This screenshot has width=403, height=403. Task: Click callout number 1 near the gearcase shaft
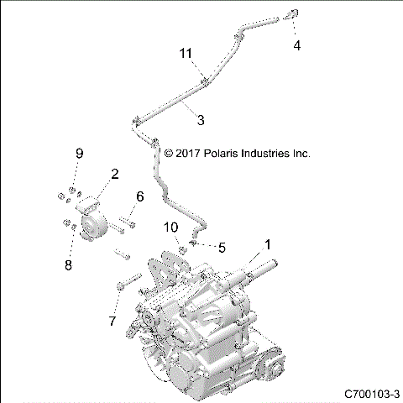click(268, 245)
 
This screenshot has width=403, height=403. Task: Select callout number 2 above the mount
click(114, 174)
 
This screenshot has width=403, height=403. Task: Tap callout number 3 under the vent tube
click(200, 120)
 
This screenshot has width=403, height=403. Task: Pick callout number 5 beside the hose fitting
click(222, 248)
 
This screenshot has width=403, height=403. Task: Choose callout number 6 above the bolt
click(139, 196)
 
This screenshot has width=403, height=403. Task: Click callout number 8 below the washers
click(70, 264)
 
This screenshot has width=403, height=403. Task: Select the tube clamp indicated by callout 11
click(204, 81)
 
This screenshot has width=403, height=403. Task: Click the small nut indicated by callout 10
click(180, 248)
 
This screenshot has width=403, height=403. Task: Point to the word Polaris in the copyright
click(205, 154)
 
